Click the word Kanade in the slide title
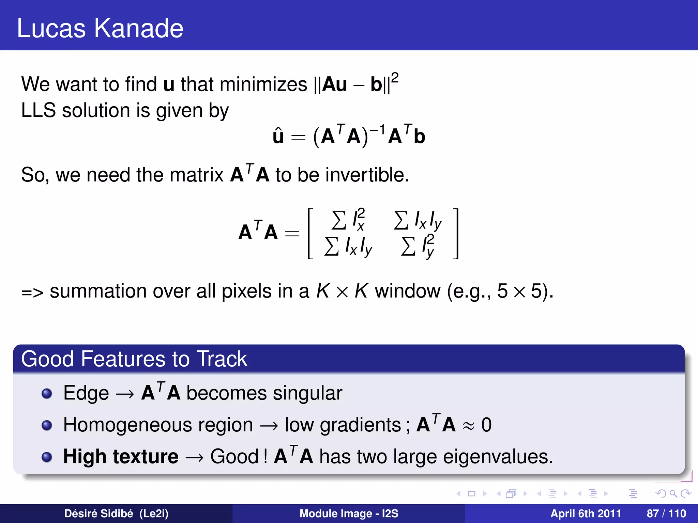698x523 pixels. (138, 28)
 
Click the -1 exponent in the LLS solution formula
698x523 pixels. (377, 129)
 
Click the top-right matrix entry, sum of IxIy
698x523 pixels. (418, 220)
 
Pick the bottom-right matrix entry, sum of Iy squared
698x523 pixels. (418, 246)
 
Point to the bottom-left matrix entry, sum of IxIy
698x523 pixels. (348, 246)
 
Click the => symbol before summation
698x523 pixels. (32, 292)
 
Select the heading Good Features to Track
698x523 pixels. (134, 359)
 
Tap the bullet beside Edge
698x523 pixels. (47, 394)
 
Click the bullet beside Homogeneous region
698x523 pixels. (47, 425)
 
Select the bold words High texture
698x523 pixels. (121, 456)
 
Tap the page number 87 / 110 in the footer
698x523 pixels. (666, 513)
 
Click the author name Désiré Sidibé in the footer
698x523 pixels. (98, 513)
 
